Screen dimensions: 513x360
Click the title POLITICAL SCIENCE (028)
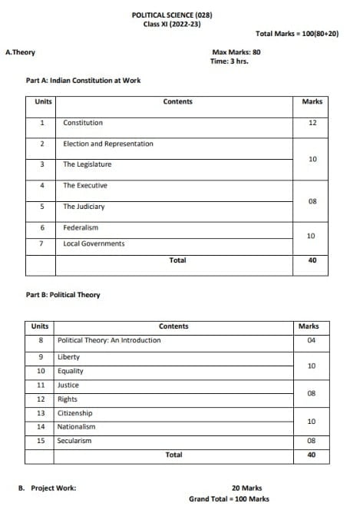click(177, 15)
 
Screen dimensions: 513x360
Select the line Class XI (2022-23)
click(177, 24)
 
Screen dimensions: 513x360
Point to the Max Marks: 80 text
click(236, 52)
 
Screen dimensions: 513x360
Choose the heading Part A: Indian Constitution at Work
click(83, 80)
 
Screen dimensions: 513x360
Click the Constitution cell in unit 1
click(83, 123)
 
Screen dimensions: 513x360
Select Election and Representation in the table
click(108, 144)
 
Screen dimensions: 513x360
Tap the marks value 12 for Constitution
click(312, 123)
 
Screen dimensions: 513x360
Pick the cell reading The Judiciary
click(84, 207)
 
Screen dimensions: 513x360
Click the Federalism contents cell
click(81, 227)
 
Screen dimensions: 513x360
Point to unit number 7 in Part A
click(41, 243)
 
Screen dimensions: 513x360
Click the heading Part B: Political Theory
click(63, 295)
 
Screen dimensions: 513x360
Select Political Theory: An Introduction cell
click(109, 340)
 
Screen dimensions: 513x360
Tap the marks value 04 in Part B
click(312, 340)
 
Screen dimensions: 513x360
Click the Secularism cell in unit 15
click(74, 441)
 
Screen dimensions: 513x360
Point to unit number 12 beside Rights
click(41, 399)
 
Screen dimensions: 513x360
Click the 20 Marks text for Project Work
click(246, 488)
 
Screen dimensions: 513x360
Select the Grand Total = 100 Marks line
click(229, 499)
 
